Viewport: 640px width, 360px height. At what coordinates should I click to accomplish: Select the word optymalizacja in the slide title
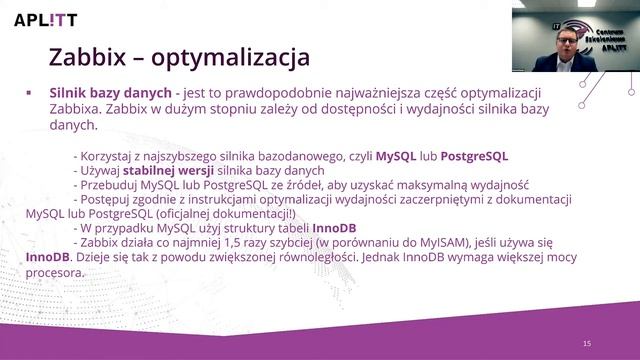coord(238,55)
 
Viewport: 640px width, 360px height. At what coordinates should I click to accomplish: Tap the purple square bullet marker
coord(29,91)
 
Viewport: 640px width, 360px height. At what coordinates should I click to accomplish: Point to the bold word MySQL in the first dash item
coord(394,157)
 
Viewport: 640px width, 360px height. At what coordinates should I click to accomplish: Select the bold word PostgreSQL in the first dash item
coord(474,157)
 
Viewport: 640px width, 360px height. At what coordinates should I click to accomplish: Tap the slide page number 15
coord(587,343)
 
